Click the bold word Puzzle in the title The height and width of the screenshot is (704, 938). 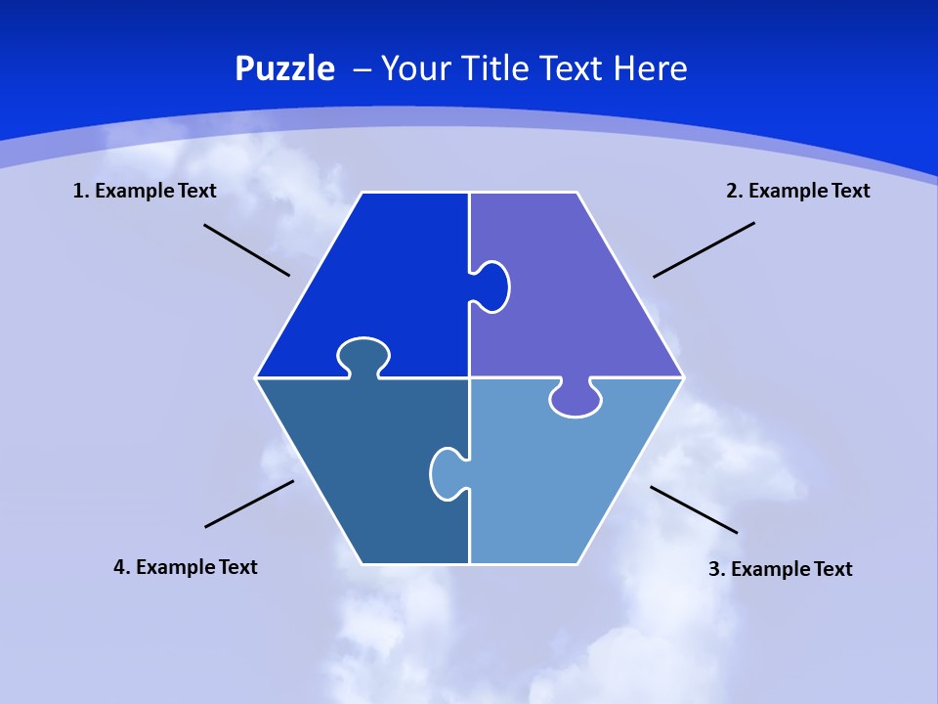tap(284, 69)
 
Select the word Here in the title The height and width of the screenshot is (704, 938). tap(650, 69)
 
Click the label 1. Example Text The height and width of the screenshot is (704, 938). tap(145, 191)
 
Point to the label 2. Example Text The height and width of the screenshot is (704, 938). tap(797, 191)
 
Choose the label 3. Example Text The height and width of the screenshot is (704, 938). tap(780, 569)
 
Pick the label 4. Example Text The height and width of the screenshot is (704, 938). tap(186, 567)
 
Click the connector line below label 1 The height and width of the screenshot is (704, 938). tap(246, 250)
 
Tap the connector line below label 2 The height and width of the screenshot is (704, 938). tap(703, 249)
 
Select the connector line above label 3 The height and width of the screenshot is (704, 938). tap(694, 509)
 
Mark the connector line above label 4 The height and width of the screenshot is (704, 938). tap(249, 504)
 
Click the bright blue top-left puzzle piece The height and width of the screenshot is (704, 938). tap(381, 274)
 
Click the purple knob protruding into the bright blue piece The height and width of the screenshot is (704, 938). tap(492, 286)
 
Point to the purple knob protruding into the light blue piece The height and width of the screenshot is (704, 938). tap(576, 399)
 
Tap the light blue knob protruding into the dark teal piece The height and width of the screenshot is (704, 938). tap(446, 473)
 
